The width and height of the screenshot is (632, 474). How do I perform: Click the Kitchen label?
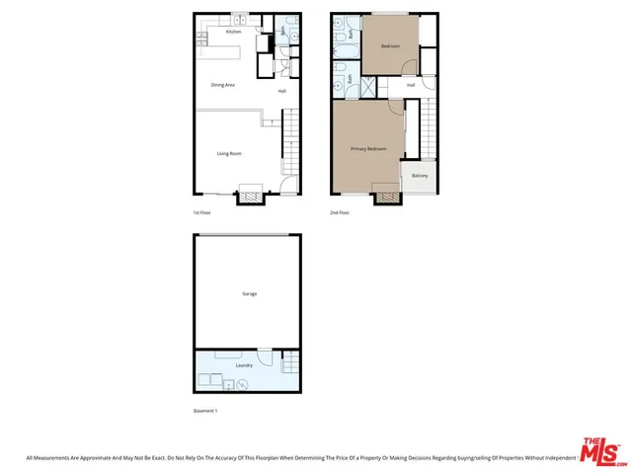point(233,32)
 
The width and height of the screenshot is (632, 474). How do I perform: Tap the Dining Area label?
point(222,85)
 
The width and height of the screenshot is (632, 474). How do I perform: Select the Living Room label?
point(229,153)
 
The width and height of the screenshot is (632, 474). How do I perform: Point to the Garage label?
point(250,293)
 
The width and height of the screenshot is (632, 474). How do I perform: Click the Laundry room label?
point(244,365)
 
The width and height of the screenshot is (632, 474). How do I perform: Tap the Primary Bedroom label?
point(368,149)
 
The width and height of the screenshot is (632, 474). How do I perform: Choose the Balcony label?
point(420,176)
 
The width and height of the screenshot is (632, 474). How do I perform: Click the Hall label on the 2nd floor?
point(410,85)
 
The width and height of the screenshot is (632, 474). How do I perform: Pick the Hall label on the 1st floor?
point(281,92)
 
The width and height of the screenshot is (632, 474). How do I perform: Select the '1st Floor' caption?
point(201,212)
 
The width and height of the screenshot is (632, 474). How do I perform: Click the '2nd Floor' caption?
point(339,212)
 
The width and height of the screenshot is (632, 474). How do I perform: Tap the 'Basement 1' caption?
point(204,410)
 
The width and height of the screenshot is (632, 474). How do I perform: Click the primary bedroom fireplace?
point(388,195)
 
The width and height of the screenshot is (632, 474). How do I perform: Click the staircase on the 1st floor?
point(290,138)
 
